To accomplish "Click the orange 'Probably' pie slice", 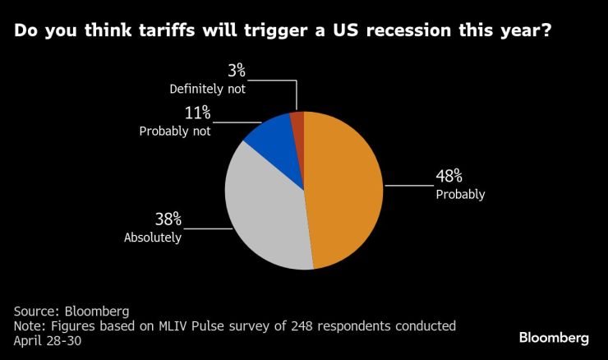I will point(345,189).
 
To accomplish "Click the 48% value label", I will point(449,177).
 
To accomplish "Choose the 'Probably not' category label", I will point(175,131).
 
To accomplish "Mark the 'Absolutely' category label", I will point(152,238).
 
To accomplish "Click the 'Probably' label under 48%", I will point(460,195).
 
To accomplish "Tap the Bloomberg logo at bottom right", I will point(554,338).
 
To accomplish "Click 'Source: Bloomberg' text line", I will point(71,312).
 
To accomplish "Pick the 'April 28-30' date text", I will point(47,339).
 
